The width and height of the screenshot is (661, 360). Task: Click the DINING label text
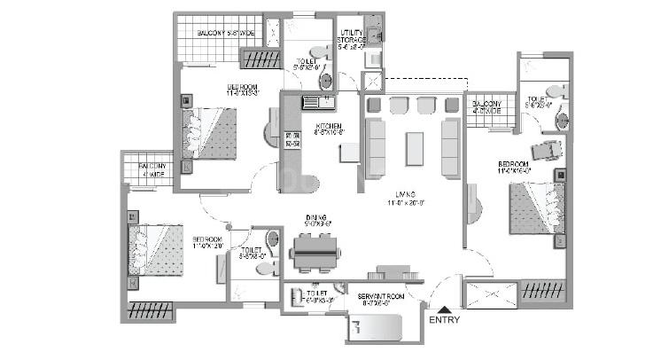pos(317,221)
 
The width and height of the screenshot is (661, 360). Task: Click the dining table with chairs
pos(314,252)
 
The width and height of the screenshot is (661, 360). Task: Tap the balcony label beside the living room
pos(487,107)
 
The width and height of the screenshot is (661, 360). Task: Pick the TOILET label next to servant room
pos(317,296)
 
